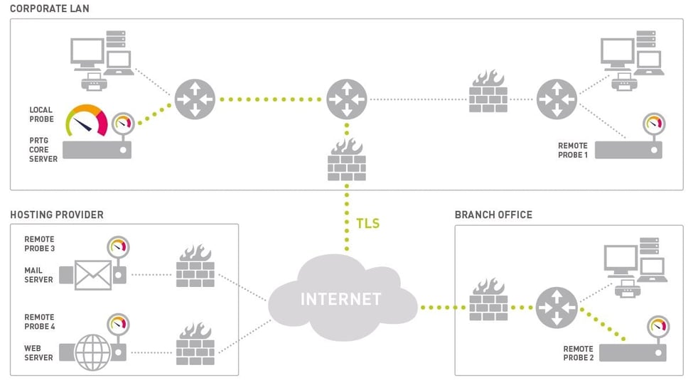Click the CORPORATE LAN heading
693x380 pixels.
click(x=50, y=8)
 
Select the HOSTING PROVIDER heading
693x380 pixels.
click(x=57, y=215)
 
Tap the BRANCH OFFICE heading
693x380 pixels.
click(x=493, y=215)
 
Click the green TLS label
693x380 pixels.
click(x=367, y=224)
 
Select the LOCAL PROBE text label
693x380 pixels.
click(x=41, y=114)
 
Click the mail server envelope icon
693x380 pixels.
click(x=92, y=275)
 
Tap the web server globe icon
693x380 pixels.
click(x=92, y=352)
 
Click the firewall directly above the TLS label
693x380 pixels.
click(x=347, y=161)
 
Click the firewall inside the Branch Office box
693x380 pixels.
click(x=488, y=300)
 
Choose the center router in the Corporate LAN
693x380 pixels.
click(x=347, y=99)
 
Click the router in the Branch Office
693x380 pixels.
click(x=556, y=308)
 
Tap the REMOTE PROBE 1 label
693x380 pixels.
click(x=574, y=150)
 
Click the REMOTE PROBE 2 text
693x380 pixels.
click(x=578, y=353)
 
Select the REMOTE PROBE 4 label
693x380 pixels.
click(x=39, y=322)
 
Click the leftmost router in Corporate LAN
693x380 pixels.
click(x=194, y=99)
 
